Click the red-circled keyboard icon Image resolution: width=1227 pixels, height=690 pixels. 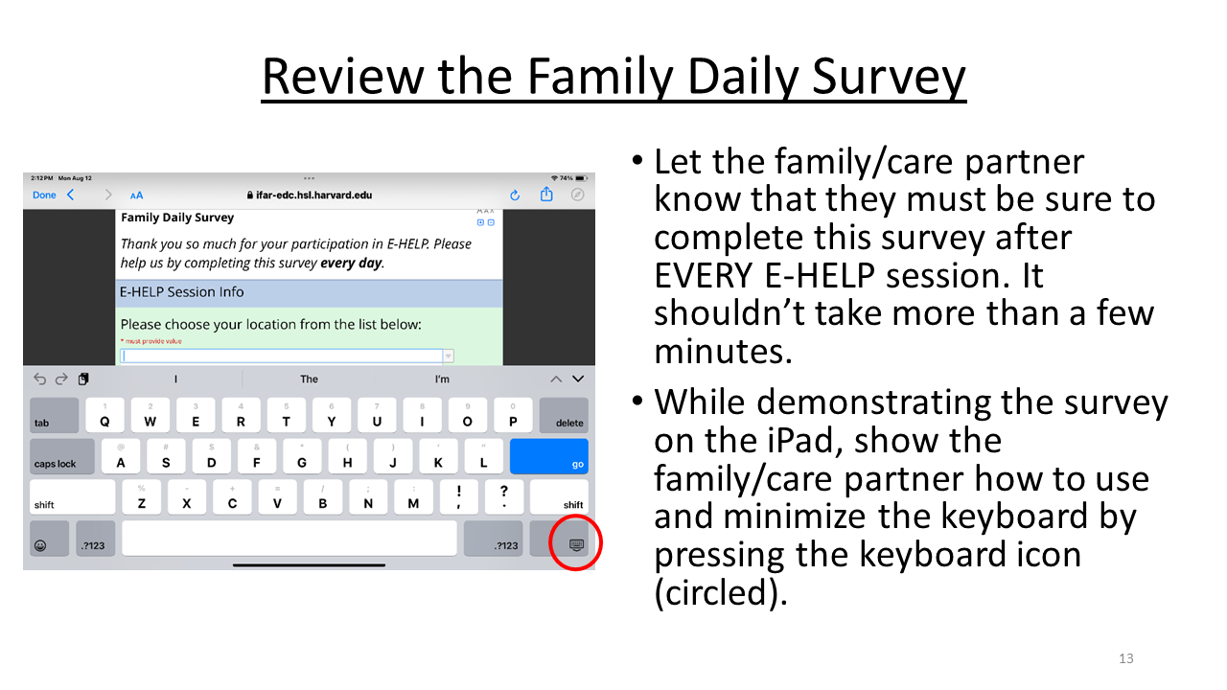click(575, 544)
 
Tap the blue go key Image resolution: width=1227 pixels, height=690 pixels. click(548, 456)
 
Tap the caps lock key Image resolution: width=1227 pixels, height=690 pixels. click(62, 456)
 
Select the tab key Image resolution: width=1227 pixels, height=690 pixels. click(54, 415)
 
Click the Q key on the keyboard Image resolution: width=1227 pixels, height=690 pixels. click(104, 416)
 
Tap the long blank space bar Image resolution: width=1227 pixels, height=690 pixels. click(289, 539)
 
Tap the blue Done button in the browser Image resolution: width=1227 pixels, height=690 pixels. click(44, 195)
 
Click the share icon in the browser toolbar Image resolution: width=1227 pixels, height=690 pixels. click(546, 195)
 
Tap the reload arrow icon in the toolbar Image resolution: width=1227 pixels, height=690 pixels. click(515, 195)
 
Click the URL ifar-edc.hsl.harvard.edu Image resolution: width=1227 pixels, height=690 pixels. click(313, 195)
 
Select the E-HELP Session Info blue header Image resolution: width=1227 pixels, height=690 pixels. click(309, 292)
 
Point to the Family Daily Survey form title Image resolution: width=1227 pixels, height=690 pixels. click(177, 218)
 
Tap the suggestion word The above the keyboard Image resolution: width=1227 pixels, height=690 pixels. click(309, 379)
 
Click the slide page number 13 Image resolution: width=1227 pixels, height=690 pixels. click(1125, 658)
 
